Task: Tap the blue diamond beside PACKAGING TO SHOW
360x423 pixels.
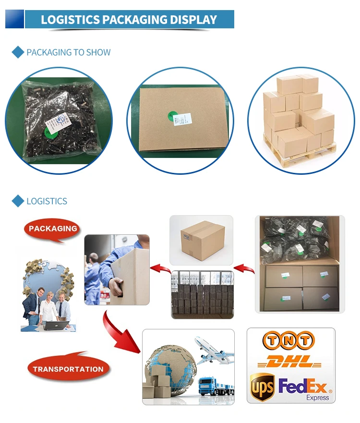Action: click(18, 52)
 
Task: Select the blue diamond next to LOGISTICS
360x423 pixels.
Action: click(18, 201)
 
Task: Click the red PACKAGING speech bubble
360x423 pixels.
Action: click(52, 229)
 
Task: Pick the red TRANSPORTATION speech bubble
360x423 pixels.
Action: click(68, 369)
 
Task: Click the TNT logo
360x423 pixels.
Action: click(288, 341)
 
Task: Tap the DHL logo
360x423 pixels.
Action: click(289, 361)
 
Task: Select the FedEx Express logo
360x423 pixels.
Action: click(304, 388)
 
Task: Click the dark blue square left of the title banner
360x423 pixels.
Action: click(14, 19)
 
